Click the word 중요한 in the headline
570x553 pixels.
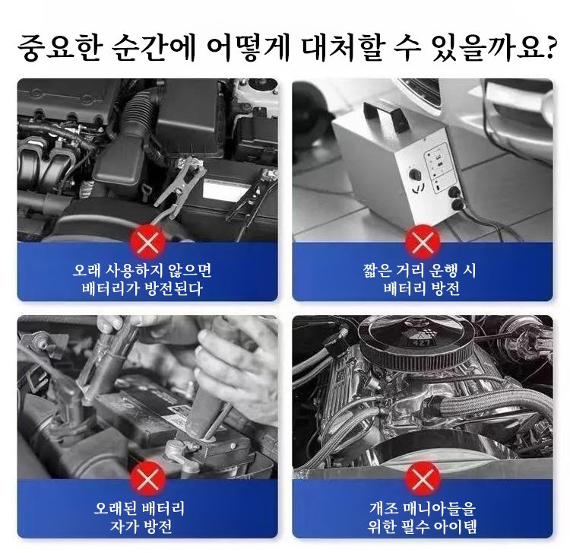coord(60,48)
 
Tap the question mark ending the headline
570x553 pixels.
coord(545,46)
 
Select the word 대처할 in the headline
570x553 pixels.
coord(343,48)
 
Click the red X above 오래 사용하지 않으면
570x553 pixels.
coord(148,241)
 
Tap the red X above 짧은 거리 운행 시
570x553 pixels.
coord(423,241)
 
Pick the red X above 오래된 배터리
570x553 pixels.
coord(148,478)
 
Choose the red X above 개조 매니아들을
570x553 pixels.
coord(423,478)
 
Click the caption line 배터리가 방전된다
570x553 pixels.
coord(142,288)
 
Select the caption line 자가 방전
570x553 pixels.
coord(141,526)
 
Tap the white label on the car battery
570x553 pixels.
coord(222,189)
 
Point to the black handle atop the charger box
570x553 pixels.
coord(385,113)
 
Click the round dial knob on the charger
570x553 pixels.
coord(415,174)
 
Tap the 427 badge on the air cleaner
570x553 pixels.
coord(422,342)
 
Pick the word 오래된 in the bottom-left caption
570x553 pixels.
coord(116,508)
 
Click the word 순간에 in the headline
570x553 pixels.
coord(153,48)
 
